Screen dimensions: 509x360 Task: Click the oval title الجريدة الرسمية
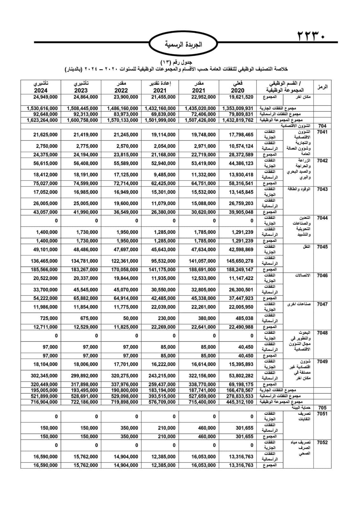coord(184,45)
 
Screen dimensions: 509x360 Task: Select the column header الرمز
coord(322,87)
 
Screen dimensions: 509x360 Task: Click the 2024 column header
coord(41,87)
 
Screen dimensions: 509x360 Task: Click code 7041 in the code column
coord(322,132)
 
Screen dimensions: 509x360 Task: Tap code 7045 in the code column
coord(322,247)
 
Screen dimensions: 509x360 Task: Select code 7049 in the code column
coord(322,362)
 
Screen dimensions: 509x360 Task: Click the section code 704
coord(322,126)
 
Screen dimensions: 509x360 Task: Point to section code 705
coord(322,408)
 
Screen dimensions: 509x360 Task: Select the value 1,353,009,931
coord(238,108)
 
